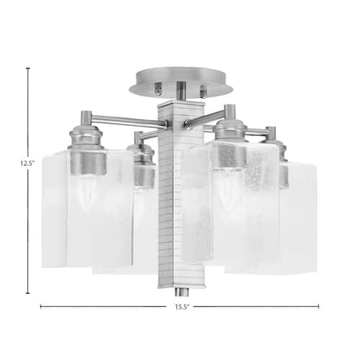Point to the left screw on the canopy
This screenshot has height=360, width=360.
(x=158, y=89)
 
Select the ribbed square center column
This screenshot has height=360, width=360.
(x=171, y=194)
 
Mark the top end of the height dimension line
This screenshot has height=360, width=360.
(x=28, y=68)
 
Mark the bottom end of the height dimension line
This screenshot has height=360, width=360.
(x=28, y=292)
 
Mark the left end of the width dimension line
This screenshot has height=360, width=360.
(x=41, y=306)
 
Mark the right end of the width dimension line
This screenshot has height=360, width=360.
(x=318, y=306)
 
